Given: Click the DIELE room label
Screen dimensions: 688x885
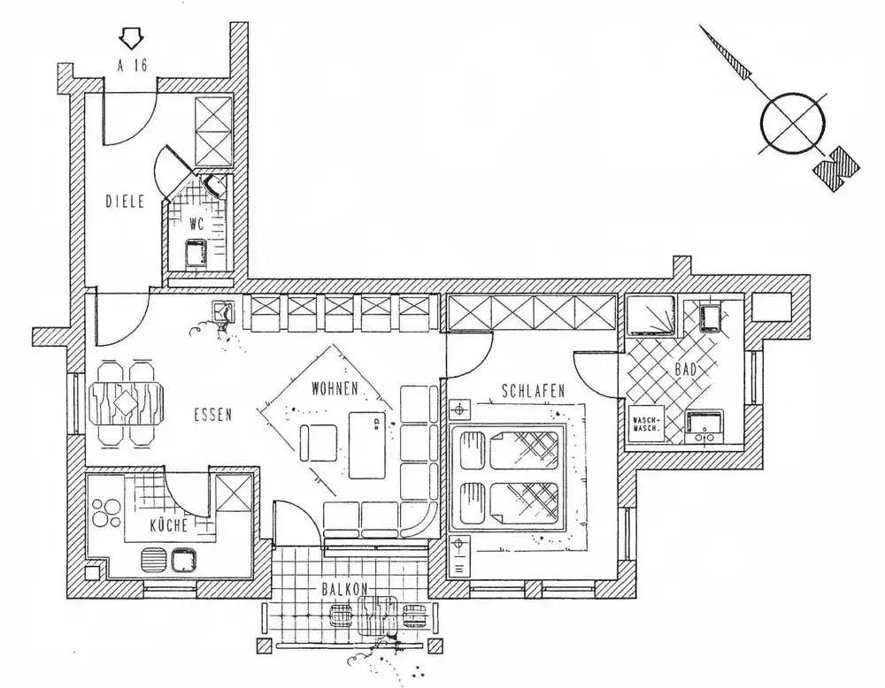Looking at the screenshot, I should click(125, 201).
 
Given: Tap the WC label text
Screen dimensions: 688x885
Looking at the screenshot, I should click(196, 224).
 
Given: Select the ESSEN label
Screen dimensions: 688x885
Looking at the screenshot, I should click(212, 412).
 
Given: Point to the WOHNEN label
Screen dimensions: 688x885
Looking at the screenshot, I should click(334, 388).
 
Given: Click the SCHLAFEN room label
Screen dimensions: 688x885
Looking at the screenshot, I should click(533, 390).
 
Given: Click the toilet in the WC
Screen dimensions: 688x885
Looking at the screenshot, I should click(215, 187).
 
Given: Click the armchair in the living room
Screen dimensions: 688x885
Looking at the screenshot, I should click(318, 441).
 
